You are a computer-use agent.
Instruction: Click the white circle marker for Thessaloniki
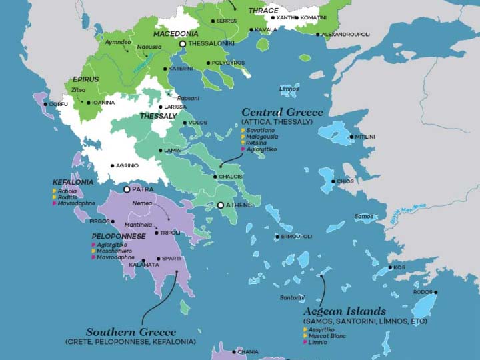[x=183, y=44]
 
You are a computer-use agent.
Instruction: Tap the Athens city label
[x=239, y=205]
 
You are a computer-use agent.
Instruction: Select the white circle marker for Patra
[x=127, y=189]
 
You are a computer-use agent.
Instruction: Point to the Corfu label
[x=58, y=104]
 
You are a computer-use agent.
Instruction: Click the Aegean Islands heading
[x=344, y=311]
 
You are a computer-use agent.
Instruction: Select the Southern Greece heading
[x=131, y=332]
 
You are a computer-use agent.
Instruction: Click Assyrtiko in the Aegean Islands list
[x=322, y=329]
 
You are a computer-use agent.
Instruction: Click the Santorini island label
[x=292, y=297]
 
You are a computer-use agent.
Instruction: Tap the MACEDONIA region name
[x=176, y=33]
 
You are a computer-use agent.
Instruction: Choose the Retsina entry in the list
[x=256, y=143]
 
